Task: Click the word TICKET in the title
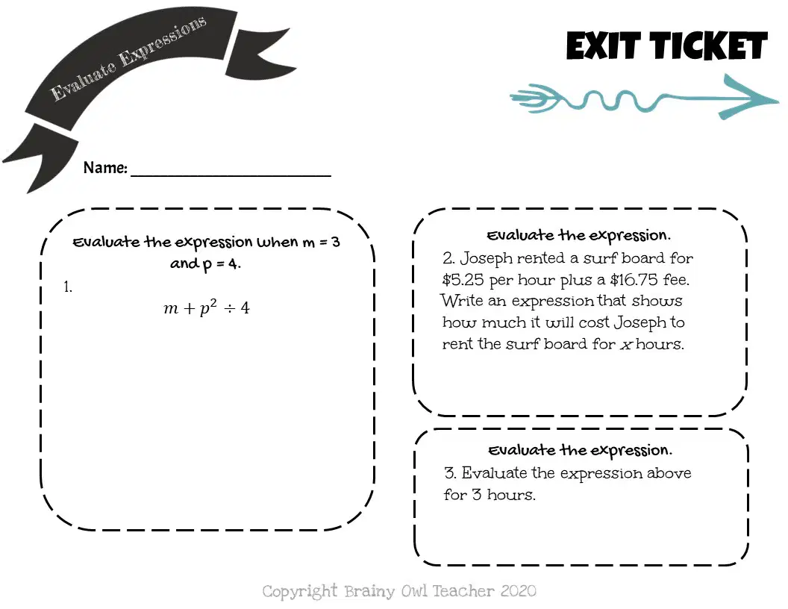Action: tap(710, 46)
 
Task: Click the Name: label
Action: tap(105, 167)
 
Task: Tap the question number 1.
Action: tap(68, 287)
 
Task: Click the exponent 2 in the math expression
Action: tap(213, 302)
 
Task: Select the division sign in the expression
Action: tap(229, 308)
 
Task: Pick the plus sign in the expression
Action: tap(189, 308)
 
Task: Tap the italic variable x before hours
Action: tap(625, 346)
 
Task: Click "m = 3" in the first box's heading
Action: tap(321, 243)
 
